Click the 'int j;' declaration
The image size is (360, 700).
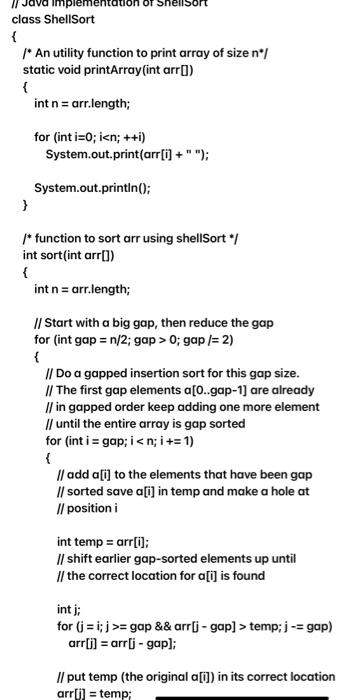69,608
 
